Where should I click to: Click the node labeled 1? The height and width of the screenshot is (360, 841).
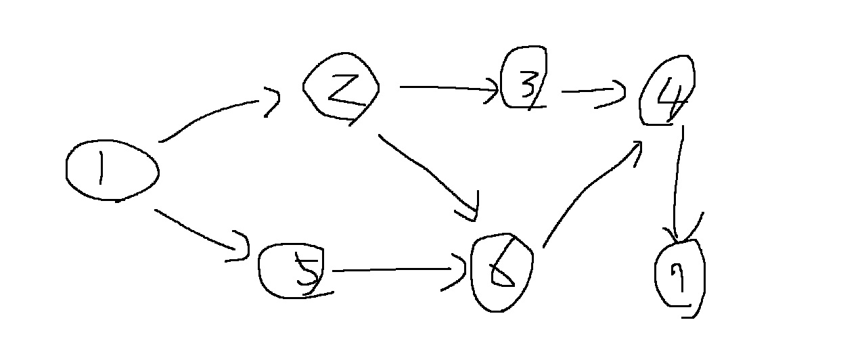click(112, 171)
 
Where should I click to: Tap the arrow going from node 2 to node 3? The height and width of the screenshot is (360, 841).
click(447, 88)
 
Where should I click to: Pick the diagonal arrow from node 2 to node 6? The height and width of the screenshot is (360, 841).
click(426, 173)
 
